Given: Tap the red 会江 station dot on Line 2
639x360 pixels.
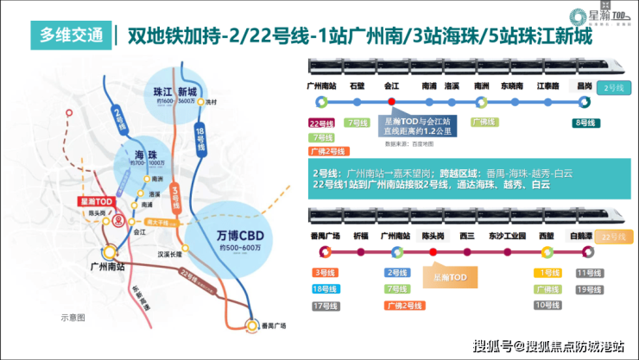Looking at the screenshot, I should pos(391,100).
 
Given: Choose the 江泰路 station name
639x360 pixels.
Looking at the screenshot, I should pos(547,86).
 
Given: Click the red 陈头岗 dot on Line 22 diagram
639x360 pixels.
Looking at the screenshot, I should pos(430,251).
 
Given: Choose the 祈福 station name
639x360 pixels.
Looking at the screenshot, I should pos(357,236).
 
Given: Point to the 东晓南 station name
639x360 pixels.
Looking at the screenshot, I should pos(513,86).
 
